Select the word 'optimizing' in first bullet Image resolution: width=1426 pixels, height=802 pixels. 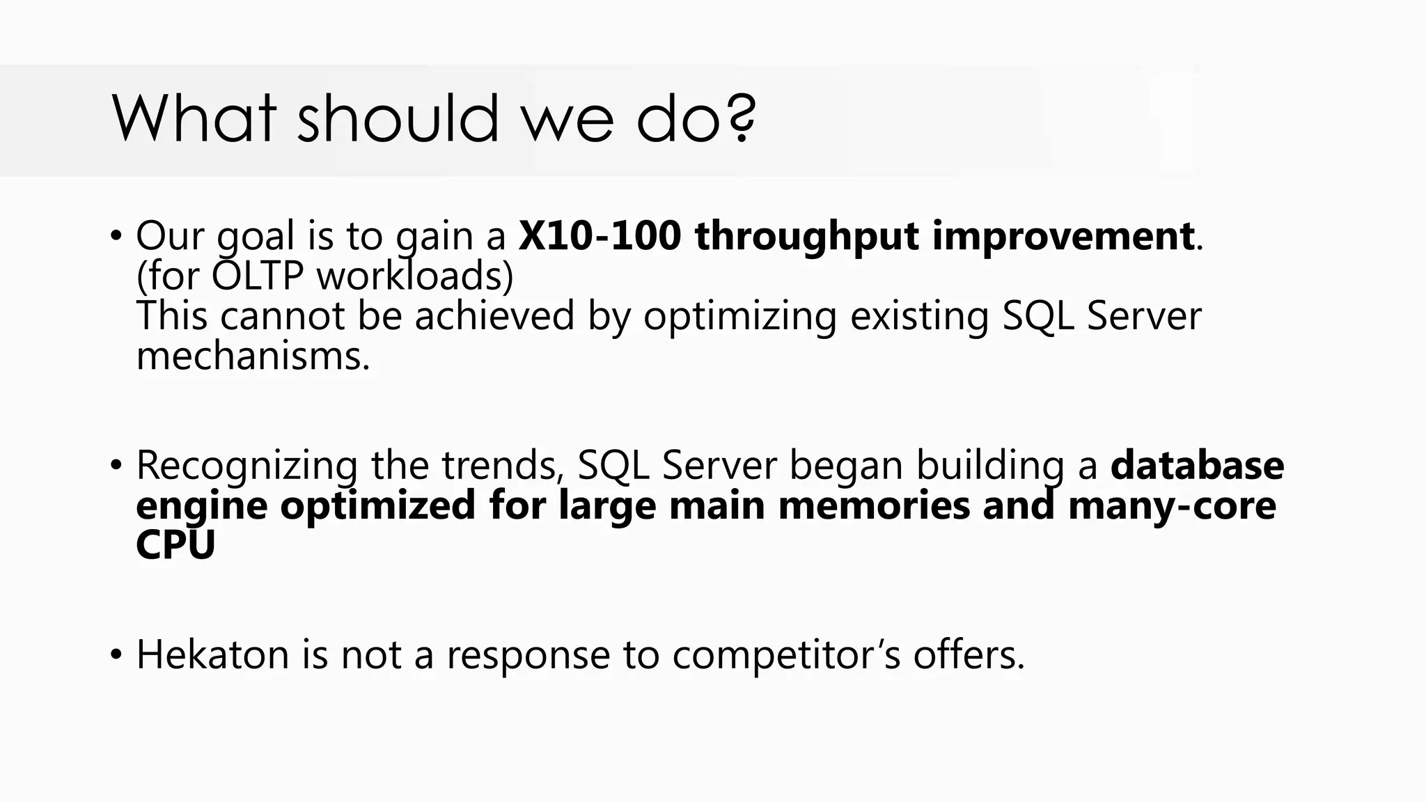pyautogui.click(x=739, y=316)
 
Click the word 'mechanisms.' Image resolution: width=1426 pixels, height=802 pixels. pyautogui.click(x=253, y=356)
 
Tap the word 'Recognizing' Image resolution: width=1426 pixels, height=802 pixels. pyautogui.click(x=246, y=466)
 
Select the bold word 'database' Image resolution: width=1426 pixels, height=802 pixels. pyautogui.click(x=1197, y=465)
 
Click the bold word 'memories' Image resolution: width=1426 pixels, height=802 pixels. pyautogui.click(x=873, y=505)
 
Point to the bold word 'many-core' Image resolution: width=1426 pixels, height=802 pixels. pyautogui.click(x=1171, y=506)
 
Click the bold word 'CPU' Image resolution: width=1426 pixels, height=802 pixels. pyautogui.click(x=175, y=545)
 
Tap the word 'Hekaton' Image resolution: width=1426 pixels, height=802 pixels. pyautogui.click(x=212, y=654)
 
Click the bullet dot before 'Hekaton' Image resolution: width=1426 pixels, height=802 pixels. pyautogui.click(x=116, y=655)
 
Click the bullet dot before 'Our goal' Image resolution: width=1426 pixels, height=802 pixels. pyautogui.click(x=116, y=236)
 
